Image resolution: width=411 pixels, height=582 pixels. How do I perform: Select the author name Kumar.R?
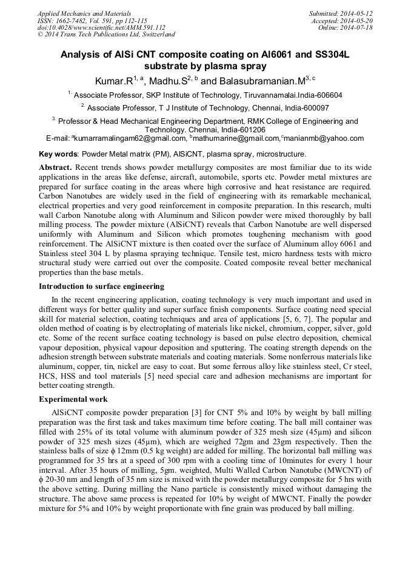click(x=113, y=80)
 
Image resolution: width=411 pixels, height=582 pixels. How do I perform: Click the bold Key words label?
click(x=59, y=154)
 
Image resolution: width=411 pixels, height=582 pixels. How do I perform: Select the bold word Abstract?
click(x=56, y=166)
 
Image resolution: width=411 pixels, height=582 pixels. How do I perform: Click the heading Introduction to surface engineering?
click(x=101, y=286)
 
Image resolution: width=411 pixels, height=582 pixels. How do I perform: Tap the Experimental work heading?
click(x=73, y=399)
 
